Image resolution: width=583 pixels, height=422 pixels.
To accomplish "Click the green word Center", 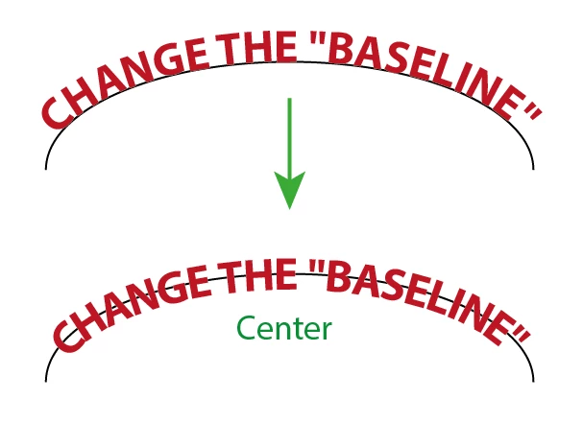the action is [x=284, y=328].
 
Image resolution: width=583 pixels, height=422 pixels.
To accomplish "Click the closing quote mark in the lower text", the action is [x=521, y=334].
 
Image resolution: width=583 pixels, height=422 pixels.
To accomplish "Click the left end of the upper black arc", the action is [x=46, y=169].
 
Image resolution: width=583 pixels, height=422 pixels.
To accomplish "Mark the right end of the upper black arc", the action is [x=534, y=169].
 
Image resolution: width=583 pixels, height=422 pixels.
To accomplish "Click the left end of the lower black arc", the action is [x=46, y=381].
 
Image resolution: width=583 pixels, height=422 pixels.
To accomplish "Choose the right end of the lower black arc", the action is [x=534, y=381].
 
